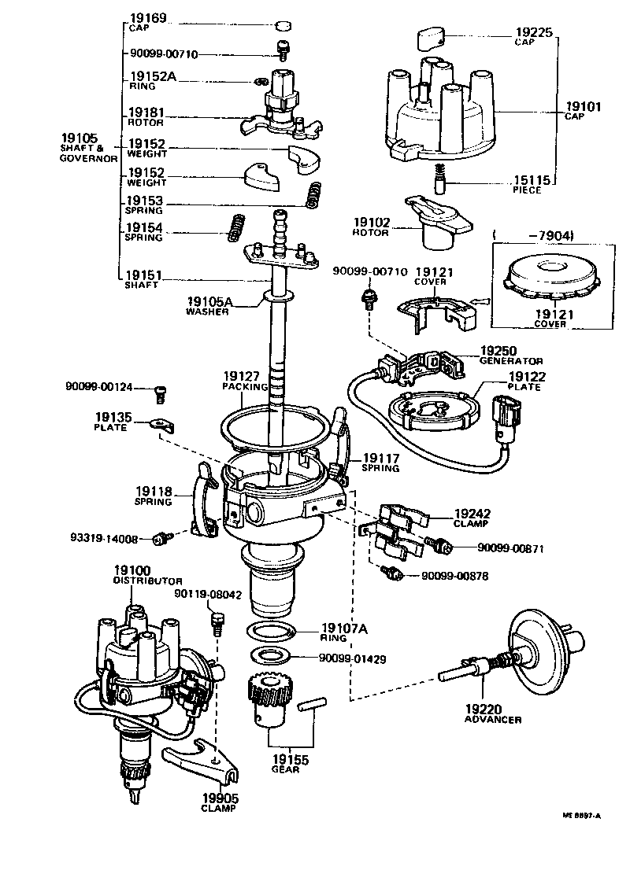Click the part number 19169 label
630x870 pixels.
pos(146,17)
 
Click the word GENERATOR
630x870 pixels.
pos(511,360)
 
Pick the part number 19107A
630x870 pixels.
pos(345,628)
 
